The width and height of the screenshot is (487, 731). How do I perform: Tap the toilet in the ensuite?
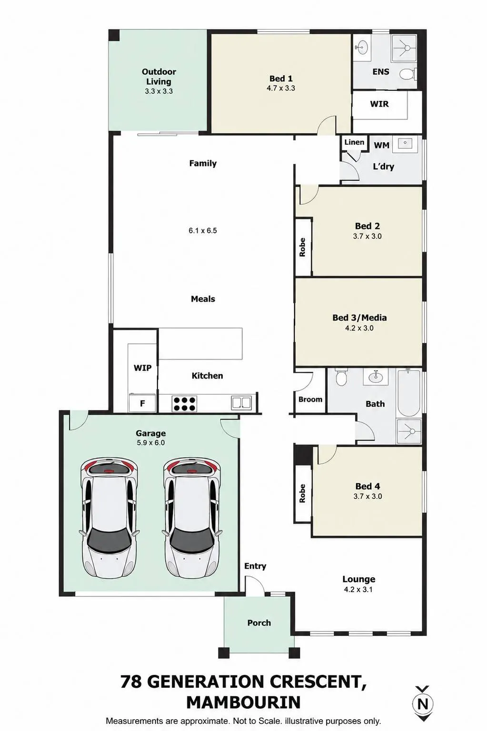click(x=408, y=74)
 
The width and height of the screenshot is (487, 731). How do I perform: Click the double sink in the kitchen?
click(x=241, y=403)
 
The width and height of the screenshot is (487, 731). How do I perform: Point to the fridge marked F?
click(x=142, y=403)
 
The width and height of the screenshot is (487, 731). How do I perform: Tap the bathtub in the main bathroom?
click(x=408, y=393)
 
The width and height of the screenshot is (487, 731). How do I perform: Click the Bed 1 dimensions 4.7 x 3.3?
click(x=280, y=88)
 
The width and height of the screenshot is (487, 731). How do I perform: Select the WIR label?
click(x=379, y=104)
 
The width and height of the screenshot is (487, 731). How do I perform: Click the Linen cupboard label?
click(x=354, y=142)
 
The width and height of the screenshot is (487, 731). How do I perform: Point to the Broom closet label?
click(x=310, y=399)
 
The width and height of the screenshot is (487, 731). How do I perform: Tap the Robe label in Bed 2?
click(x=302, y=247)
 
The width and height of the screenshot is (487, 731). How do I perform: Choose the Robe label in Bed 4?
click(x=302, y=493)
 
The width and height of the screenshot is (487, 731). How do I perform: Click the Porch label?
click(x=259, y=623)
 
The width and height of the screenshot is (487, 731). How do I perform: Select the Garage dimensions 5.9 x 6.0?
click(x=150, y=443)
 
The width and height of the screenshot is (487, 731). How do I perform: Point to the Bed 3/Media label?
click(x=359, y=318)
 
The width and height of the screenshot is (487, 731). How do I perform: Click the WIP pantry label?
click(x=142, y=368)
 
